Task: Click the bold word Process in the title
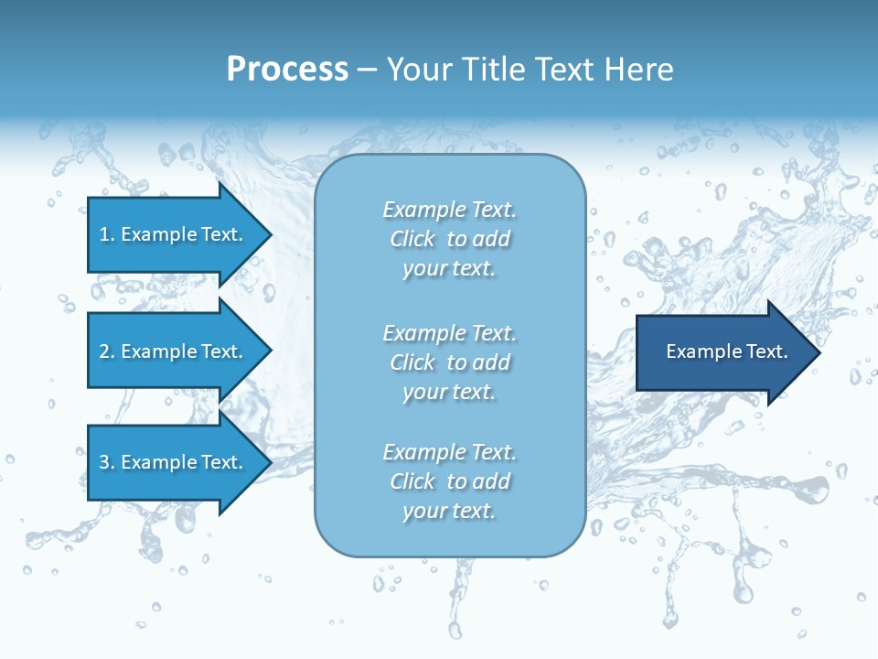(287, 70)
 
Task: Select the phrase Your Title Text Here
(530, 70)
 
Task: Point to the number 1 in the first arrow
(104, 234)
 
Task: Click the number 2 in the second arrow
(104, 351)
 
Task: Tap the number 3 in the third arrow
(104, 462)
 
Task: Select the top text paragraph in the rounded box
(449, 239)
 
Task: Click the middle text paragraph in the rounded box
(449, 362)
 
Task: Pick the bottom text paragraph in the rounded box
(449, 481)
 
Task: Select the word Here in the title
(641, 70)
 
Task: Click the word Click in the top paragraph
(412, 239)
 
